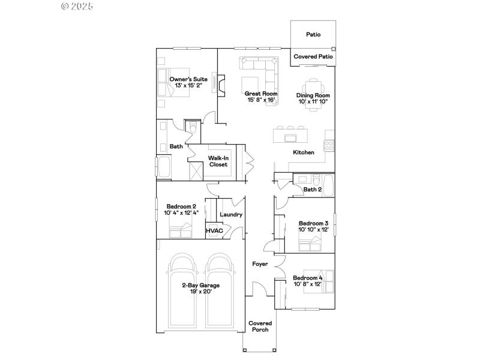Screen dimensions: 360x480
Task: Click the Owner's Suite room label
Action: pos(188,79)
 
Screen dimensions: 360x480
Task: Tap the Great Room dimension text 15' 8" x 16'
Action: pos(261,100)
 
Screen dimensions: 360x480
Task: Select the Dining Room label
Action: pos(313,95)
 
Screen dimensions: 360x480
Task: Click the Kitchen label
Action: pos(304,152)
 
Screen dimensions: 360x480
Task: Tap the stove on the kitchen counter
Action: pos(329,145)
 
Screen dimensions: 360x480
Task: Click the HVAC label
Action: pos(214,230)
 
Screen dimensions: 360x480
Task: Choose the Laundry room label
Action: pos(231,214)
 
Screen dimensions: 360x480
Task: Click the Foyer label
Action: pos(260,263)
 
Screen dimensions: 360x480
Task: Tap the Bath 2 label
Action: pos(313,190)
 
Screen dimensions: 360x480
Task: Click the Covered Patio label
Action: pos(313,56)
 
